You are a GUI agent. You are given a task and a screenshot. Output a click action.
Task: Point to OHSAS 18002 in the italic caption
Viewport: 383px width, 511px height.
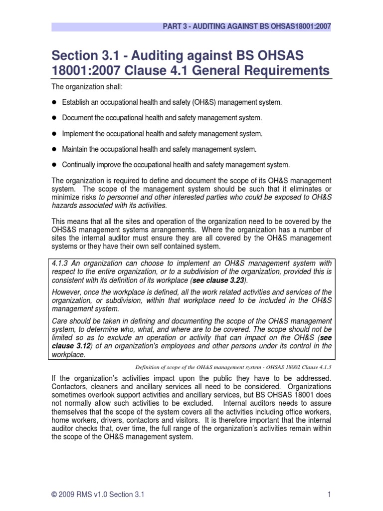coord(275,367)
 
